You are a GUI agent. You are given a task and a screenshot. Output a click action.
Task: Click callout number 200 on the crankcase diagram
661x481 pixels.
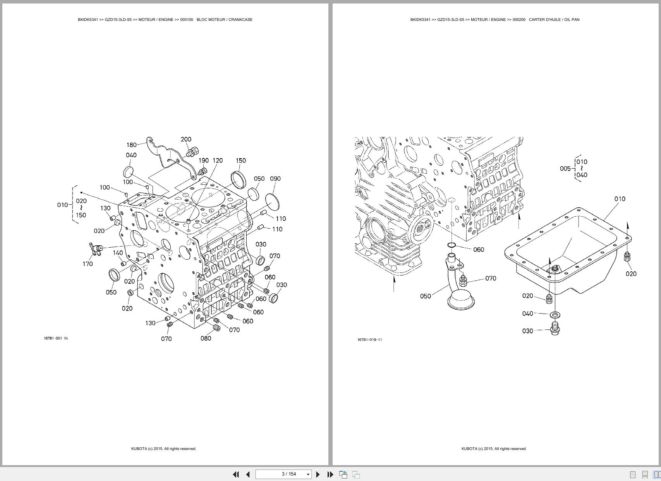pyautogui.click(x=186, y=139)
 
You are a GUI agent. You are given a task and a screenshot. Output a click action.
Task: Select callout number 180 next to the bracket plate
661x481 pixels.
pyautogui.click(x=131, y=145)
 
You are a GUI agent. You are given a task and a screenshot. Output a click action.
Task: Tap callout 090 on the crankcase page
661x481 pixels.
pyautogui.click(x=275, y=179)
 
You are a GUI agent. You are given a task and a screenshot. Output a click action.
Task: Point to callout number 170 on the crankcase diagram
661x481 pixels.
pyautogui.click(x=88, y=264)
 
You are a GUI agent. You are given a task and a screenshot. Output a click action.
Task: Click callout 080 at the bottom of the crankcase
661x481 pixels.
pyautogui.click(x=206, y=338)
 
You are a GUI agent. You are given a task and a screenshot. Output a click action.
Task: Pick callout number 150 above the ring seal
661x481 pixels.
pyautogui.click(x=240, y=160)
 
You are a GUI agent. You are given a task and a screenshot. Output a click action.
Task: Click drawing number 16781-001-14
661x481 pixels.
pyautogui.click(x=56, y=338)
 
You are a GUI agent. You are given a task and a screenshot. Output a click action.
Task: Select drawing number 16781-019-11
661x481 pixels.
pyautogui.click(x=369, y=340)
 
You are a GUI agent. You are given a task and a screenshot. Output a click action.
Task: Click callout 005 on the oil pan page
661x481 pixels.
pyautogui.click(x=565, y=169)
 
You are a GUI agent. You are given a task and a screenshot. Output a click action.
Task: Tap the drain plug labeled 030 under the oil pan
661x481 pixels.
pyautogui.click(x=555, y=331)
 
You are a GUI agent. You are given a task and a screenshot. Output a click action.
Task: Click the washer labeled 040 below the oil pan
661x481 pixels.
pyautogui.click(x=555, y=314)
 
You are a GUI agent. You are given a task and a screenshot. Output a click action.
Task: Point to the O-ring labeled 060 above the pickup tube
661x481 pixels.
pyautogui.click(x=452, y=245)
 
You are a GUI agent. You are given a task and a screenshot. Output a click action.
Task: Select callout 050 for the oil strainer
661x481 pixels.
pyautogui.click(x=425, y=296)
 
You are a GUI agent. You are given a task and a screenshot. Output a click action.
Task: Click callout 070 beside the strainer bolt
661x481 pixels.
pyautogui.click(x=490, y=278)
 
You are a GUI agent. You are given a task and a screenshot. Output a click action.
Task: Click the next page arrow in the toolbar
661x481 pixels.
pyautogui.click(x=318, y=474)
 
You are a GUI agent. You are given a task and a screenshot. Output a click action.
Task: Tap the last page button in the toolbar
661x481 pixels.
pyautogui.click(x=330, y=474)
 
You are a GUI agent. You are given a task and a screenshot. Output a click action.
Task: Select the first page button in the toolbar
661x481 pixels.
pyautogui.click(x=235, y=474)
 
